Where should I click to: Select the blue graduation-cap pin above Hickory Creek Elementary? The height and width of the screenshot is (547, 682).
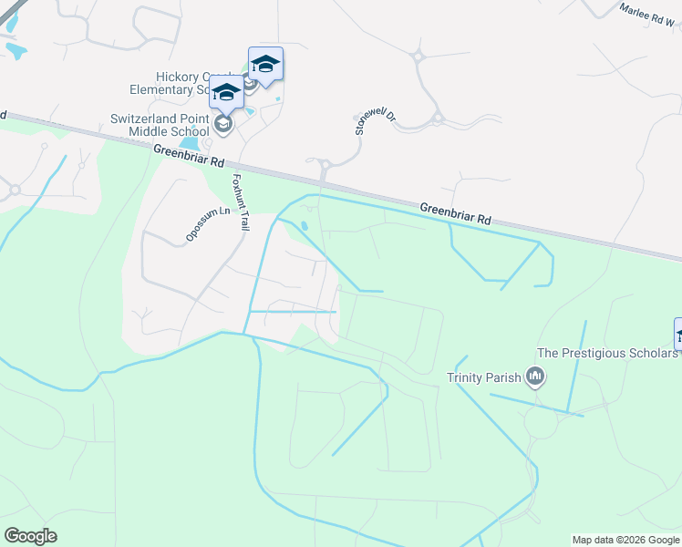265,65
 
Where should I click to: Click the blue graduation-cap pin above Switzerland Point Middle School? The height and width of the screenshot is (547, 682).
226,92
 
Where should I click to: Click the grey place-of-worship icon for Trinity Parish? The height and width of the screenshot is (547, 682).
535,376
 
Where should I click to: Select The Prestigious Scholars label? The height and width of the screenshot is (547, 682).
607,353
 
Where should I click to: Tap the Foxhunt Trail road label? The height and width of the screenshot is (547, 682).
241,201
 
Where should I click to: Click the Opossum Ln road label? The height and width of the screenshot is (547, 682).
208,224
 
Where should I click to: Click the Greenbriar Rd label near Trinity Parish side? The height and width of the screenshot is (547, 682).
455,214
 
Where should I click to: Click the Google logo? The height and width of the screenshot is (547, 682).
30,536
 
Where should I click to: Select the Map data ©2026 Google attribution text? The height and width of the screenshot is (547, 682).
626,540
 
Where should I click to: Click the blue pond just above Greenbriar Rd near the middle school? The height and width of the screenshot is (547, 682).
191,142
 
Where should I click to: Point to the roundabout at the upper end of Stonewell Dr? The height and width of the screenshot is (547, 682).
419,57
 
